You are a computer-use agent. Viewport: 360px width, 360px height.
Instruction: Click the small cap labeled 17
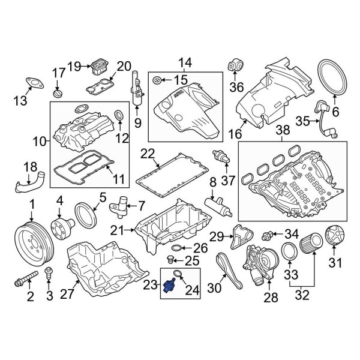[x=57, y=94]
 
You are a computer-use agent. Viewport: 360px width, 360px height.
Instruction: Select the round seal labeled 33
[x=289, y=253]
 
